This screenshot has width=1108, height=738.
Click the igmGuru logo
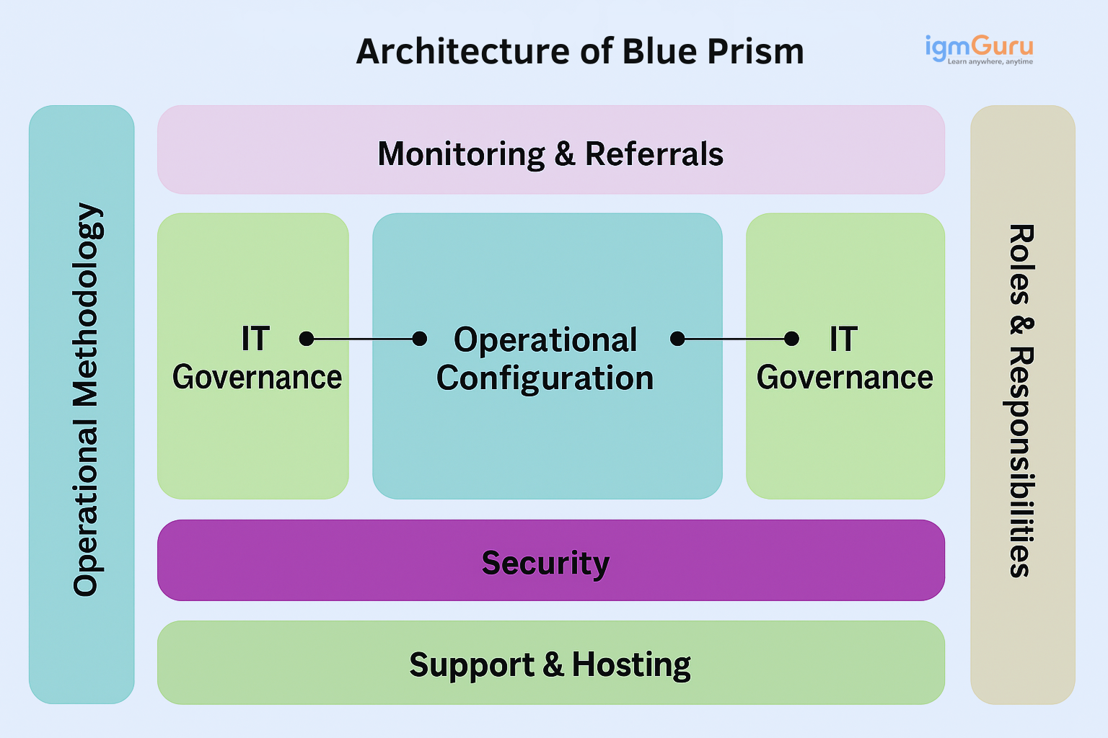click(979, 47)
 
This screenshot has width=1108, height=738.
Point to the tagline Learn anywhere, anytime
click(990, 62)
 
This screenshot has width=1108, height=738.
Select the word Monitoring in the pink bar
click(461, 154)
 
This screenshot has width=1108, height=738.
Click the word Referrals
click(654, 154)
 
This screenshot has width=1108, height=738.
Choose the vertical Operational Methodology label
click(87, 400)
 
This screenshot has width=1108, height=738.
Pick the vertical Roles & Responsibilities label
click(1020, 401)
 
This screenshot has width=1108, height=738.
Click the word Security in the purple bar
click(545, 563)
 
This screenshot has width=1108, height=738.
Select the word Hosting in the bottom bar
click(631, 664)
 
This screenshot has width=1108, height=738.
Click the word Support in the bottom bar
click(471, 664)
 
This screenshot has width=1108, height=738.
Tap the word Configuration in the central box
click(545, 378)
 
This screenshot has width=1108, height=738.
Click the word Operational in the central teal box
click(545, 340)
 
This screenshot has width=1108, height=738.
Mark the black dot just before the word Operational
click(419, 339)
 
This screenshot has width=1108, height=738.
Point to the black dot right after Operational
click(677, 339)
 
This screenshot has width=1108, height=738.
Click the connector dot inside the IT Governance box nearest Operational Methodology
click(307, 339)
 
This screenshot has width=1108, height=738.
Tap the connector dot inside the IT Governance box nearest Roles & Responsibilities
click(791, 339)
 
